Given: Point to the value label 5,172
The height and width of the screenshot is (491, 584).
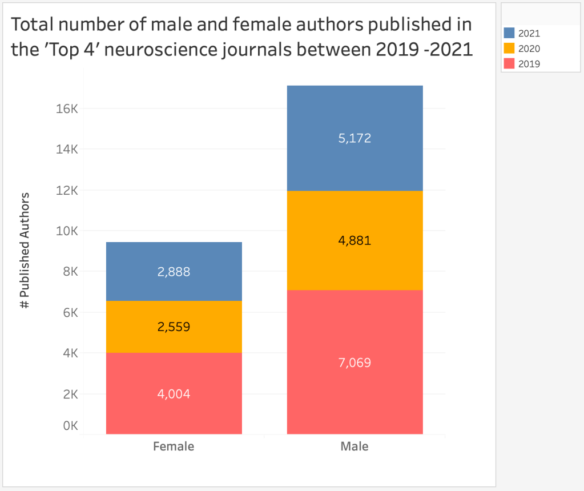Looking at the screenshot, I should (355, 138).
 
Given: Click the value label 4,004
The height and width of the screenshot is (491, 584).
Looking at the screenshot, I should (174, 394).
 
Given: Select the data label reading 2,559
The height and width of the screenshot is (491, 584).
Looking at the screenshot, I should (174, 327).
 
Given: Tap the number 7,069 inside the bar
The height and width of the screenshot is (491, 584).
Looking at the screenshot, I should (355, 363).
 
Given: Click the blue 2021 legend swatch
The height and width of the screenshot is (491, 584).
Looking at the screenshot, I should (510, 34).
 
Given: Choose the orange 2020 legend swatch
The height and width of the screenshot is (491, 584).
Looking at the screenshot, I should (510, 49).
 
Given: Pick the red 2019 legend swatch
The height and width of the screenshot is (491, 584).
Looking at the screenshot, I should (510, 63).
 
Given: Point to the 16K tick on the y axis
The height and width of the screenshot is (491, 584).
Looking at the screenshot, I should (66, 108).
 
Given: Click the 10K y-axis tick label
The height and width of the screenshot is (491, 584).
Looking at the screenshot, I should (66, 231).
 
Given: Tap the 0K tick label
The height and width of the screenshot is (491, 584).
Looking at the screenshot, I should (70, 426).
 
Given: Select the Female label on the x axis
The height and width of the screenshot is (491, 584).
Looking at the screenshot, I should (174, 446).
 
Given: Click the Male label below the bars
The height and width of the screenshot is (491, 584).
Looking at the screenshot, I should (355, 446).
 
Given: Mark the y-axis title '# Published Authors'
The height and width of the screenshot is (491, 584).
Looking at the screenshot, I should (25, 251).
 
